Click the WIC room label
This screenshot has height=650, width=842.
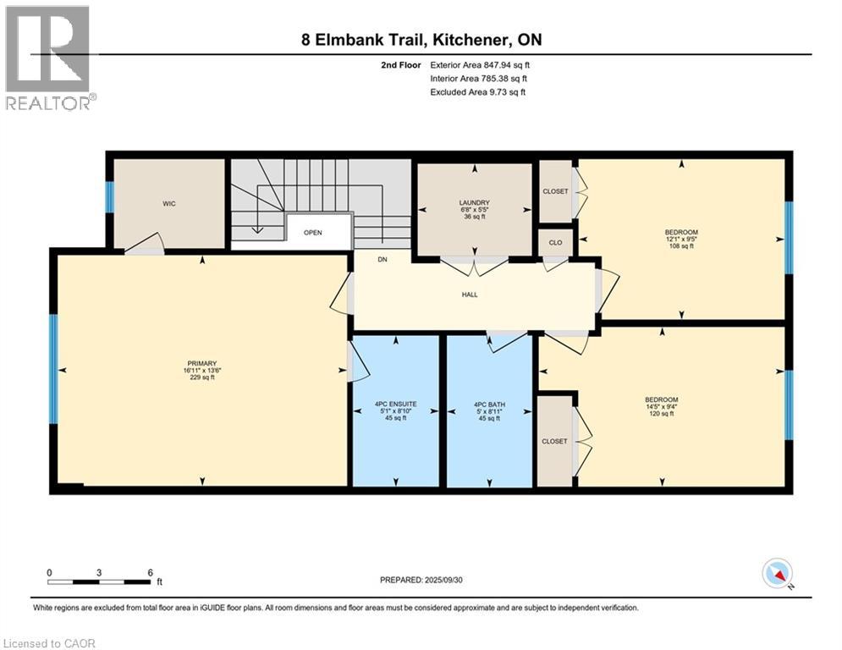[x=169, y=204]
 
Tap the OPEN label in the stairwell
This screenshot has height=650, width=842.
[x=312, y=233]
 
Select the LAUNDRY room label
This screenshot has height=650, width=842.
[x=475, y=202]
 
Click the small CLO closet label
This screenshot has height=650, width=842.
[x=555, y=242]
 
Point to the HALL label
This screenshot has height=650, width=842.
[x=470, y=295]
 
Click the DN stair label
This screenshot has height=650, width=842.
[x=382, y=260]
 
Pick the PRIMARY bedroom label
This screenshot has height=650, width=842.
[x=202, y=364]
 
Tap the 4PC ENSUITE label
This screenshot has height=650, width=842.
[x=396, y=404]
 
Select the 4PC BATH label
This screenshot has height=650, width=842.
[x=489, y=405]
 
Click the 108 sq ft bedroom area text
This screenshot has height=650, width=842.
[x=681, y=246]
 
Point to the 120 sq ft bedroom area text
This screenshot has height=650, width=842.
[x=662, y=414]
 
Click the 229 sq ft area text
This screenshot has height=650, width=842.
[x=202, y=377]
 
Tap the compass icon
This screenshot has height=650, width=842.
[x=778, y=573]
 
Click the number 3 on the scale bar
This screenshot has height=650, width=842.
[x=99, y=573]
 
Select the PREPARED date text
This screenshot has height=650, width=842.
[x=421, y=580]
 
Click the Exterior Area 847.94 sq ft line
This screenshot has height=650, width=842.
[x=480, y=65]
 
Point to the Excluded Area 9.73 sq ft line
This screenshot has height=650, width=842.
[x=478, y=92]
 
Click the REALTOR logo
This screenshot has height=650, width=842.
[x=48, y=58]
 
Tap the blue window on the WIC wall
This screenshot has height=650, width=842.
[x=110, y=197]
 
